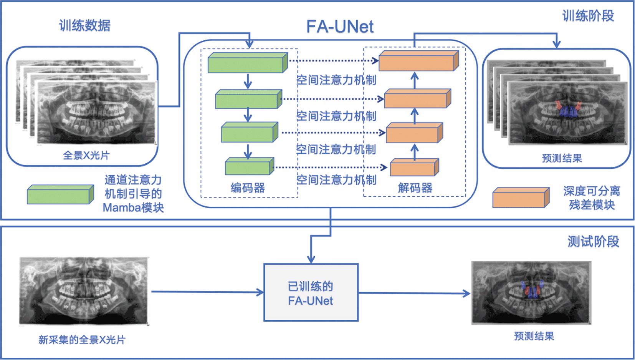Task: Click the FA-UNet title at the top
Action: click(x=340, y=26)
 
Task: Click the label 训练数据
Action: click(x=85, y=25)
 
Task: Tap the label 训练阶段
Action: click(x=588, y=16)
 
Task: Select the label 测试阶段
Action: click(x=593, y=242)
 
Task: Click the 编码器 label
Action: click(x=248, y=188)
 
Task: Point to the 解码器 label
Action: click(x=415, y=188)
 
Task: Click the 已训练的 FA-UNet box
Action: click(x=311, y=293)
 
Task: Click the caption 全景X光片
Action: click(x=86, y=155)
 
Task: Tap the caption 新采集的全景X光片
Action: click(x=82, y=340)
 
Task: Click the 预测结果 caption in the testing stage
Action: click(x=534, y=336)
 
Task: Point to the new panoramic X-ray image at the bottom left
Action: click(x=84, y=291)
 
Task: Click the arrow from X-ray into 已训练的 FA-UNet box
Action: click(x=207, y=292)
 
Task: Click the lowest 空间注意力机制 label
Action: click(x=336, y=180)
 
